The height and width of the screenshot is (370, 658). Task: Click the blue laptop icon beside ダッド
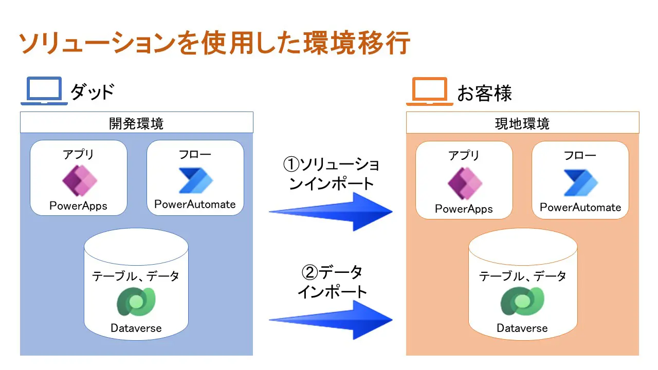(x=44, y=91)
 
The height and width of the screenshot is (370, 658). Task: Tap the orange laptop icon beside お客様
(x=430, y=91)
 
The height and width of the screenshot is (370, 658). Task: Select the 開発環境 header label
(x=136, y=124)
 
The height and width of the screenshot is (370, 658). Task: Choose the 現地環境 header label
(x=522, y=124)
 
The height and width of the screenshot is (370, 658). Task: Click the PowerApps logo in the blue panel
(x=80, y=180)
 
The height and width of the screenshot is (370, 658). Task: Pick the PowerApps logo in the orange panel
(x=465, y=183)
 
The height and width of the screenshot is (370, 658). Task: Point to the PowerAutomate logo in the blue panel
(x=196, y=180)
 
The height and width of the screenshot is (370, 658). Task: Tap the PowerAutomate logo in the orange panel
(x=581, y=182)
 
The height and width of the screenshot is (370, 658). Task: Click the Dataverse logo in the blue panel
(x=136, y=302)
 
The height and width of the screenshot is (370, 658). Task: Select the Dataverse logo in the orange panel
(x=522, y=301)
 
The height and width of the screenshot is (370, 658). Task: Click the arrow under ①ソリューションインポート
(x=331, y=212)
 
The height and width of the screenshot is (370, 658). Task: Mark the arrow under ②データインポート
(x=331, y=320)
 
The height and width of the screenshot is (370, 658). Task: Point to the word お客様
(x=485, y=93)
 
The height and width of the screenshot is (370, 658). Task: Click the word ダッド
(x=92, y=91)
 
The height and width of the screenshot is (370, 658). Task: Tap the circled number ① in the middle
(x=291, y=164)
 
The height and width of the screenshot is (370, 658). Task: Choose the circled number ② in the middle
(x=310, y=272)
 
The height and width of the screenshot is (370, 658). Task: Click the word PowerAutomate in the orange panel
(x=580, y=207)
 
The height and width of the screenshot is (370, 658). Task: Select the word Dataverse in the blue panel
(x=136, y=328)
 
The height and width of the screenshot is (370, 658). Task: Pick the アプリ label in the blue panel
(x=79, y=154)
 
